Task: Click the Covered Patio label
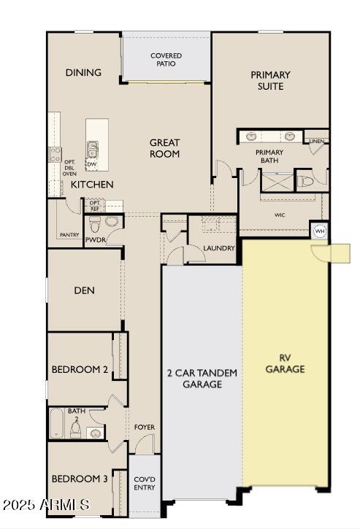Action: point(166,59)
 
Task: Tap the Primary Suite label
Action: point(270,80)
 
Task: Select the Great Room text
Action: point(165,148)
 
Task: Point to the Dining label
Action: point(83,72)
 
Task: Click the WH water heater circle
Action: point(319,231)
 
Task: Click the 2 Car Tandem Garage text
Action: point(202,378)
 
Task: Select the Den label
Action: point(84,290)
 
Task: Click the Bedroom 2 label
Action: point(80,370)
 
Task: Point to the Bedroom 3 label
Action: point(80,479)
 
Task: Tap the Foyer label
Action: point(144,427)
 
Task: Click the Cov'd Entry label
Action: point(145,483)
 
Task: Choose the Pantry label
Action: point(69,235)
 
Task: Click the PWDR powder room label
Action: point(96,239)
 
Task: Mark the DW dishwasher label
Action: point(92,164)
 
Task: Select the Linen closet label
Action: point(316,141)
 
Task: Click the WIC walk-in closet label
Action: point(280,215)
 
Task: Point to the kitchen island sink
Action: point(93,150)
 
